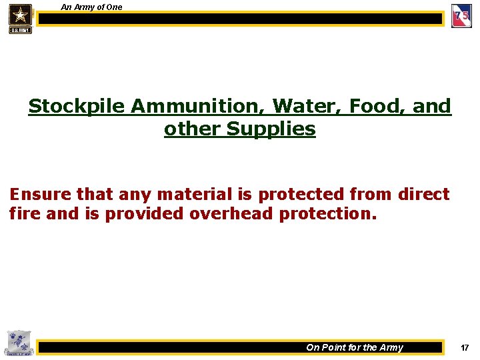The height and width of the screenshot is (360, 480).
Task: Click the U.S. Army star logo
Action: click(20, 18)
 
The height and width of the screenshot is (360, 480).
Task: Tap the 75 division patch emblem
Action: click(461, 16)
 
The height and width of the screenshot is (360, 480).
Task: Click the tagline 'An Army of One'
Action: click(91, 7)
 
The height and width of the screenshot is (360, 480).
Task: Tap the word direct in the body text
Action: click(423, 195)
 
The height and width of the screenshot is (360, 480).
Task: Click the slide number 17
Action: click(465, 347)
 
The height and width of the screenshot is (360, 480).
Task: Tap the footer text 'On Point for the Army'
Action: click(355, 347)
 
